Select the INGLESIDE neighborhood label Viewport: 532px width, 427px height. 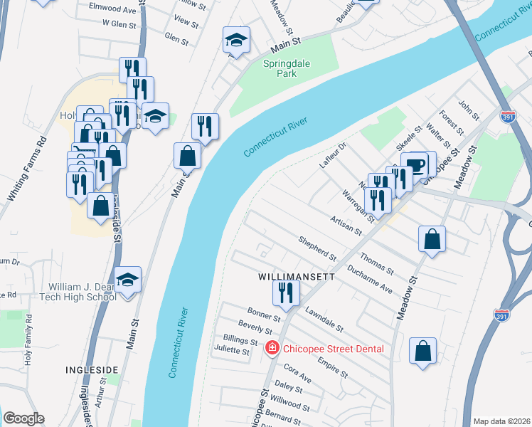(91, 370)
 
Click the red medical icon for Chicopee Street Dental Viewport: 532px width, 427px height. (271, 348)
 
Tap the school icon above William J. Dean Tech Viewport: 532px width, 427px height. (127, 280)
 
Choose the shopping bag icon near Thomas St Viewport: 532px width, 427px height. (432, 240)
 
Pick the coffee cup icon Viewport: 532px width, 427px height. (415, 164)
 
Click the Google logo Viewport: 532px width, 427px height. (23, 418)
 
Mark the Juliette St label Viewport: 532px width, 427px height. (232, 351)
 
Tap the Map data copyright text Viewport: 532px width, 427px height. (501, 421)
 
